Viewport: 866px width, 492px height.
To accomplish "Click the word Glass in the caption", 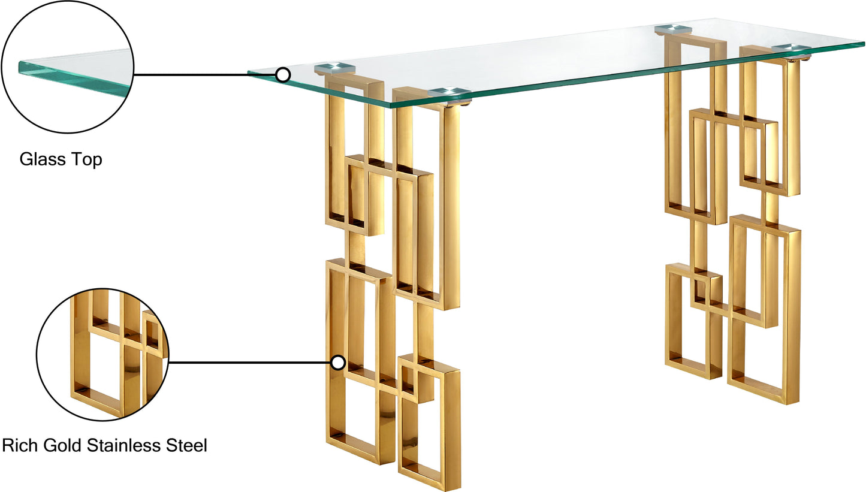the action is (x=42, y=159).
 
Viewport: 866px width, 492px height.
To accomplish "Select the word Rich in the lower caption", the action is (x=20, y=445).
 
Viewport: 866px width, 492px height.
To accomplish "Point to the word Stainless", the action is (x=123, y=445).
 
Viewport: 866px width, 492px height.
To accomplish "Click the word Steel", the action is (x=187, y=445).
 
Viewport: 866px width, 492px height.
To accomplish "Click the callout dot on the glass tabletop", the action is (x=283, y=74).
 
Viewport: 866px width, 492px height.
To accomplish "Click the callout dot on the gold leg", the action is (x=338, y=363).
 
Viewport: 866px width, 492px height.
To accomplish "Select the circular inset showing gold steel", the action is (x=103, y=354).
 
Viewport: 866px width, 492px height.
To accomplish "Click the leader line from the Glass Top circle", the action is (x=205, y=74).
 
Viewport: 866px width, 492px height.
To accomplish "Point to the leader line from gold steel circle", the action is (x=250, y=363).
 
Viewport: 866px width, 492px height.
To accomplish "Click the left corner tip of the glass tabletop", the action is (x=248, y=72).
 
